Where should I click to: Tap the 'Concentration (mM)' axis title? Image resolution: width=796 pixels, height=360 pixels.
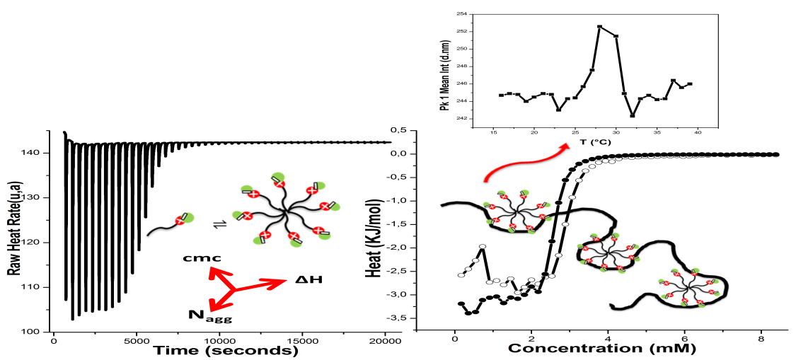click(601, 349)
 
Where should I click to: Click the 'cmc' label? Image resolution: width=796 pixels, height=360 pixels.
click(198, 259)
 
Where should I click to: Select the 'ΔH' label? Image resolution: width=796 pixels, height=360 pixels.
click(309, 280)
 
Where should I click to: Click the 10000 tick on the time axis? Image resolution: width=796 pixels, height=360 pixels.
click(219, 339)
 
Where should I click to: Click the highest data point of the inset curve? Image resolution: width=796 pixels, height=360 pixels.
click(599, 26)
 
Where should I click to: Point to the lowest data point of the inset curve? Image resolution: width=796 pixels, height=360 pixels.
click(633, 116)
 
